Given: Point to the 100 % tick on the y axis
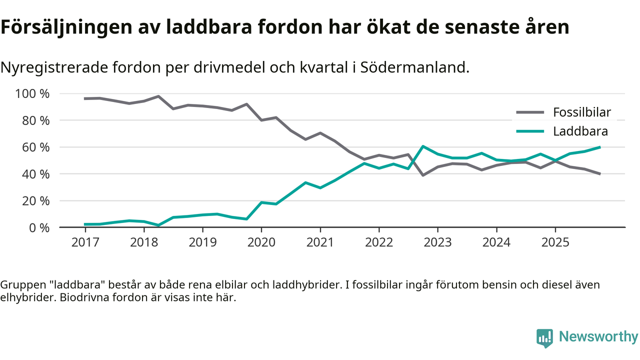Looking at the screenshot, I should [x=32, y=94].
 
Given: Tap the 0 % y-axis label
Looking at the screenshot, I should [x=38, y=227].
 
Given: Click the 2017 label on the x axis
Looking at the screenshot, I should [x=85, y=242].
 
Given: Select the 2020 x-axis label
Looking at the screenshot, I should [x=261, y=242].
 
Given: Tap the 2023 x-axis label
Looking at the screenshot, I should [x=437, y=242].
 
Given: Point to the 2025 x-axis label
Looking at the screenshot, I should [x=555, y=242].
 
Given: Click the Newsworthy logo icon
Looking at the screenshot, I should [x=544, y=337].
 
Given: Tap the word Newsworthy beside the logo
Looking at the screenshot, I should [x=598, y=337].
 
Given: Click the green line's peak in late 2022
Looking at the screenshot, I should [x=423, y=146].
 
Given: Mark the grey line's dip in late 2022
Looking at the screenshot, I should [x=423, y=175].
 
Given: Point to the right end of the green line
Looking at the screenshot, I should [x=599, y=147].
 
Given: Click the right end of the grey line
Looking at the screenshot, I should [x=599, y=174].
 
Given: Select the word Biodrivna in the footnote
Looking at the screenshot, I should [x=74, y=298].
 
